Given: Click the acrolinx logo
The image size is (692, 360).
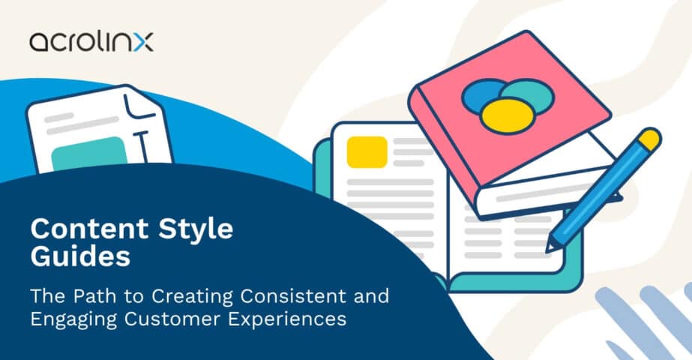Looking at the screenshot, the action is tap(91, 42).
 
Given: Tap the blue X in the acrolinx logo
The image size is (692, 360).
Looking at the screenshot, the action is tap(143, 43).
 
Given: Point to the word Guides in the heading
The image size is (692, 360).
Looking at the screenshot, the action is tap(80, 256).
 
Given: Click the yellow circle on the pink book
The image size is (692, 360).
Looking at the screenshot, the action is tap(507, 115).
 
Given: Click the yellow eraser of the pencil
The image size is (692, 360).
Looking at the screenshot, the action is tap(649, 139).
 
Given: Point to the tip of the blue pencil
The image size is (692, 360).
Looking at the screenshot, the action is tap(549, 249).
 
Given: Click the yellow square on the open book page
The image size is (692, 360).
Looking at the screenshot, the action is tap(367, 152).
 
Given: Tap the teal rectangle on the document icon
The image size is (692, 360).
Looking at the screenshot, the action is tap(89, 154).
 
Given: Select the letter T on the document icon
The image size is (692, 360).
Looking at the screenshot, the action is tap(141, 145).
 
